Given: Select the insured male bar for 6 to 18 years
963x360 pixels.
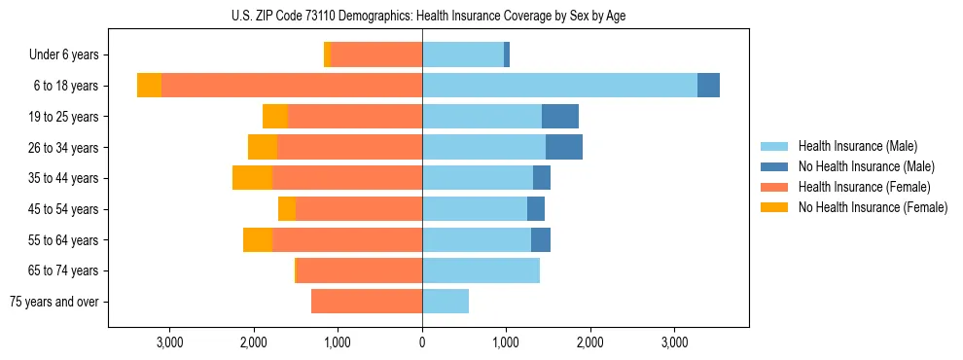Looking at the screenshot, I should [559, 86].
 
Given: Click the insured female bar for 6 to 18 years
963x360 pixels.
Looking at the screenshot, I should [292, 86].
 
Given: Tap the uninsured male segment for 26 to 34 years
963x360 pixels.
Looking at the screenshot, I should [564, 147].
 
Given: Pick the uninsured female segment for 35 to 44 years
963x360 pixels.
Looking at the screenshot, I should [252, 178].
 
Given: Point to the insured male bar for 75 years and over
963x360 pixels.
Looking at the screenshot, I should [446, 302].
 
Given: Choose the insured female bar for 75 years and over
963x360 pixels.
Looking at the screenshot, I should [367, 302].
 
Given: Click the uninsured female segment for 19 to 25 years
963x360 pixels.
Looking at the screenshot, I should [275, 117].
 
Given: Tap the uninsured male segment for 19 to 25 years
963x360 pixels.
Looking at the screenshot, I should [560, 117].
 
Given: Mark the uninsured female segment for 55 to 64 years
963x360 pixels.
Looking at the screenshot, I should [258, 239].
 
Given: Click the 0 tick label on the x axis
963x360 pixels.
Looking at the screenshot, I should [422, 342].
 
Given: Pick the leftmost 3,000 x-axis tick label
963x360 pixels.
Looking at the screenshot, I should [169, 342].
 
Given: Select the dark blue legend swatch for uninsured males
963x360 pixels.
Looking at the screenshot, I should [775, 166].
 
